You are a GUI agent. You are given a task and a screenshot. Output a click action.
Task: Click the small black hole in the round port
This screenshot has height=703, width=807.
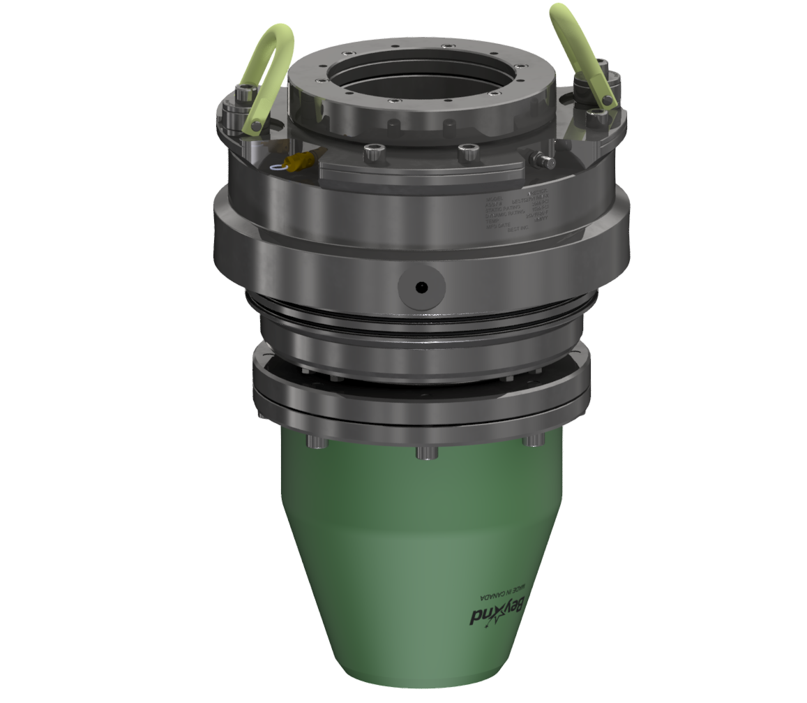pyautogui.click(x=420, y=287)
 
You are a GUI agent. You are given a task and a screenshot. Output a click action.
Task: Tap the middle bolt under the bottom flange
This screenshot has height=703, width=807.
pyautogui.click(x=426, y=452)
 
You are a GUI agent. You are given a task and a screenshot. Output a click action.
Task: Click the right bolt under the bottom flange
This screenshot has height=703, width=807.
pyautogui.click(x=533, y=441)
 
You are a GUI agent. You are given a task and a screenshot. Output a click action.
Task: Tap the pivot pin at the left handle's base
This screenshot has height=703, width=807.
pyautogui.click(x=256, y=126)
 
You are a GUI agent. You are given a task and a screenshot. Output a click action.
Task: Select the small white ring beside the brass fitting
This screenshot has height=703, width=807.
pyautogui.click(x=280, y=167)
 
